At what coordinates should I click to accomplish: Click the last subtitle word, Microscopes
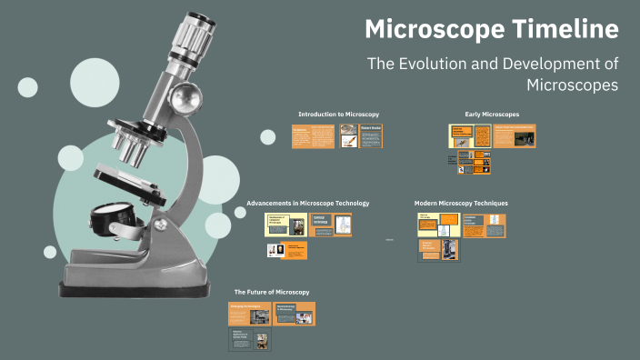point(572,85)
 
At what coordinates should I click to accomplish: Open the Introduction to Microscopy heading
point(338,114)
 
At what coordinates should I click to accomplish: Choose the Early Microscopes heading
point(492,114)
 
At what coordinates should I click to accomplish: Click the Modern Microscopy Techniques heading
point(461,203)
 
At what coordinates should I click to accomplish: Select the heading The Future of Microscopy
point(272,292)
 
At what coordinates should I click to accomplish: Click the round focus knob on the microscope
point(187,94)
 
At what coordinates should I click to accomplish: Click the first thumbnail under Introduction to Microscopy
point(313,136)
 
